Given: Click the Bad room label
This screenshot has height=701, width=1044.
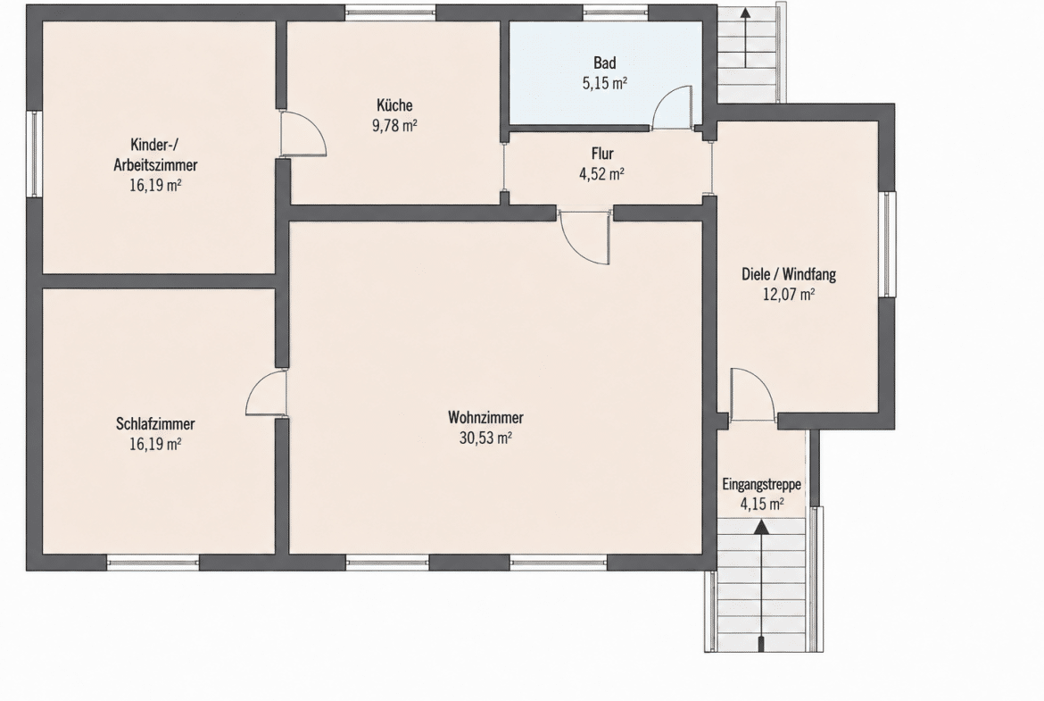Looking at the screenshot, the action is click(605, 63).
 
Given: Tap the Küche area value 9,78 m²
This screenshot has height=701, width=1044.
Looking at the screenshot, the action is click(394, 125).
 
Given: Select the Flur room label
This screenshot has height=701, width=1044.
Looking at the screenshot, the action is click(602, 154).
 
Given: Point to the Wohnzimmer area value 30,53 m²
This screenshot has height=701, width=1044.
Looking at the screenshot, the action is click(485, 438).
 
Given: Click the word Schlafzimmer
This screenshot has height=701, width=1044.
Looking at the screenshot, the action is click(155, 424).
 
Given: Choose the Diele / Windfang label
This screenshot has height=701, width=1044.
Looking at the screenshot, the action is click(789, 274).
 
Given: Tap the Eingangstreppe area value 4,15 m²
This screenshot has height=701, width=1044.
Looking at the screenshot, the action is click(762, 504).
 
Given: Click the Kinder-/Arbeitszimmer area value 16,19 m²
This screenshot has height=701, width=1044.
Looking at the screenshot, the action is click(155, 185).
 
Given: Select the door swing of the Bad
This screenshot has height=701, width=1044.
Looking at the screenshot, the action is click(673, 106).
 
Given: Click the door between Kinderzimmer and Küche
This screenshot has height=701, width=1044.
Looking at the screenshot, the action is click(303, 134).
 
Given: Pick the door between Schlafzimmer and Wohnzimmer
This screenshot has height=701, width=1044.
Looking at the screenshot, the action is click(266, 393).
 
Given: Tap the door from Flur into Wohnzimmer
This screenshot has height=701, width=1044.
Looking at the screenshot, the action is click(585, 238).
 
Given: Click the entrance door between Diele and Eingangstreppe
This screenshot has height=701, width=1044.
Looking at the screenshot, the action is click(752, 395).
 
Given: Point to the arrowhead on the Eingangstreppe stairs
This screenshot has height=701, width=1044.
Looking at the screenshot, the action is click(761, 527).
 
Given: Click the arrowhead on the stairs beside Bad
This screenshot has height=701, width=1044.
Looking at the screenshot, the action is click(746, 13).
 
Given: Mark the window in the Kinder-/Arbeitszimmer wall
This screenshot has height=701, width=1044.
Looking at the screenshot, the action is click(34, 154).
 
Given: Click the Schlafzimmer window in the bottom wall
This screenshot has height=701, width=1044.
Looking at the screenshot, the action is click(153, 563).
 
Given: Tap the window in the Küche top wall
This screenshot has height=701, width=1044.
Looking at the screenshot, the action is click(391, 13).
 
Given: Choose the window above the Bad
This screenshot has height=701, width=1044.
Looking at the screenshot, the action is click(615, 13).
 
